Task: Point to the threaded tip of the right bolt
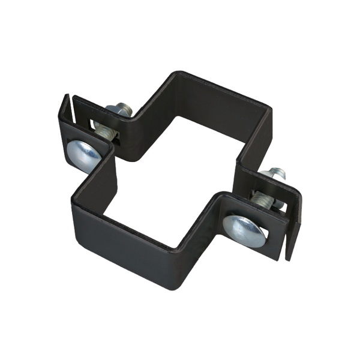tap(277, 175)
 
